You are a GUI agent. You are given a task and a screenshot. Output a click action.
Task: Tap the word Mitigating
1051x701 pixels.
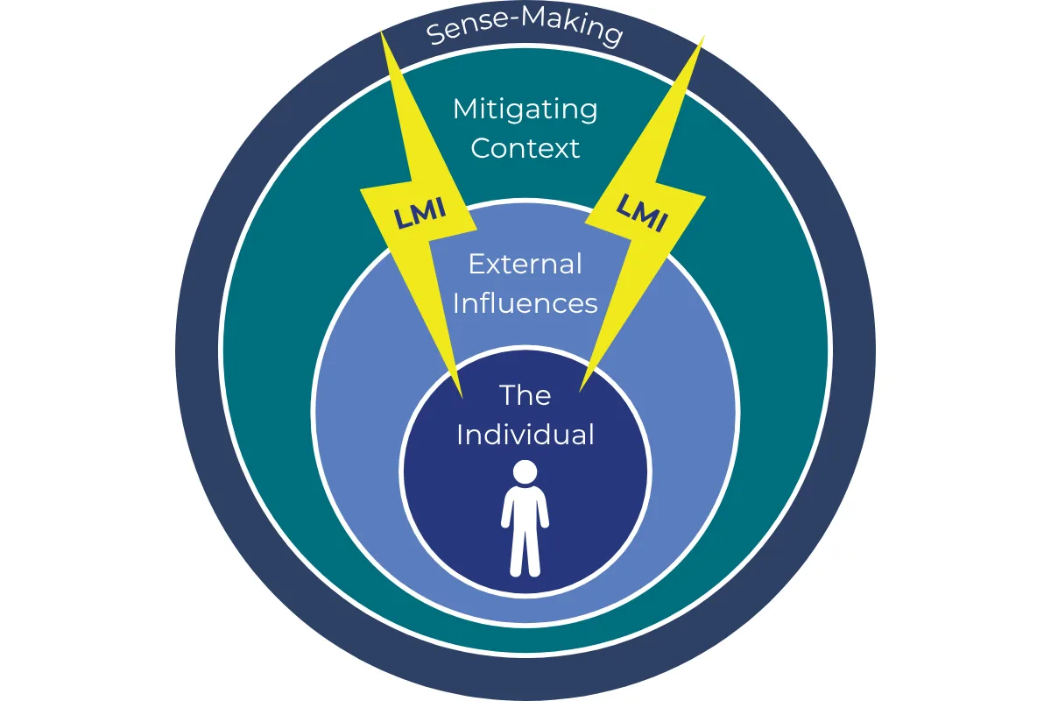coord(525,110)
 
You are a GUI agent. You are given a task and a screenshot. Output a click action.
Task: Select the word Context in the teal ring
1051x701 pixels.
coord(525,148)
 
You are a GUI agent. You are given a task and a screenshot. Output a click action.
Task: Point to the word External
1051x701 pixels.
coord(525,264)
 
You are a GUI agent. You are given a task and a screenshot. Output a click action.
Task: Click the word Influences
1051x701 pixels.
coord(525,303)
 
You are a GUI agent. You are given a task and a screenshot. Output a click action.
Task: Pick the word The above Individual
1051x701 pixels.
coord(525,395)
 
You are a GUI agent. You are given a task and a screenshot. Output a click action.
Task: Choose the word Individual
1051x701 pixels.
coord(525,434)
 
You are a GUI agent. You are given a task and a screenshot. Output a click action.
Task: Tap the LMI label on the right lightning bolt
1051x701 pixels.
coord(642,213)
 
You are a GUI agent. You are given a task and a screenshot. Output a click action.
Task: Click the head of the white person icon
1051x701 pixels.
coord(525,471)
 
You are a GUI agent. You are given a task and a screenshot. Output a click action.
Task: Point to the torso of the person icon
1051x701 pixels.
coord(525,508)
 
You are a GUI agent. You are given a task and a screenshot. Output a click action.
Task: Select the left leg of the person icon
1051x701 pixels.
coord(516,553)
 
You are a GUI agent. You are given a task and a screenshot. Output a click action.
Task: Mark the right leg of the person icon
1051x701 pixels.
coord(533,553)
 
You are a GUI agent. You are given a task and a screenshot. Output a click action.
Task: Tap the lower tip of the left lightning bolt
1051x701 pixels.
coord(462,398)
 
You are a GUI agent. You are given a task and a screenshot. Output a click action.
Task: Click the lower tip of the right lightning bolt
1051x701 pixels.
coord(580,391)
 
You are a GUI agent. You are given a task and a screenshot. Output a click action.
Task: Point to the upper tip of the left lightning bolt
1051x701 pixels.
coord(381,32)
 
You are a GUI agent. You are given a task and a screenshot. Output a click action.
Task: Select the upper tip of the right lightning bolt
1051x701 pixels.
coord(704,36)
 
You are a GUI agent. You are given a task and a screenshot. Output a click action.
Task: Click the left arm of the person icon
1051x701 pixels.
coord(506,509)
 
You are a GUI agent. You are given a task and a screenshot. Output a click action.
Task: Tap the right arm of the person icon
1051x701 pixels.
coord(544,509)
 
